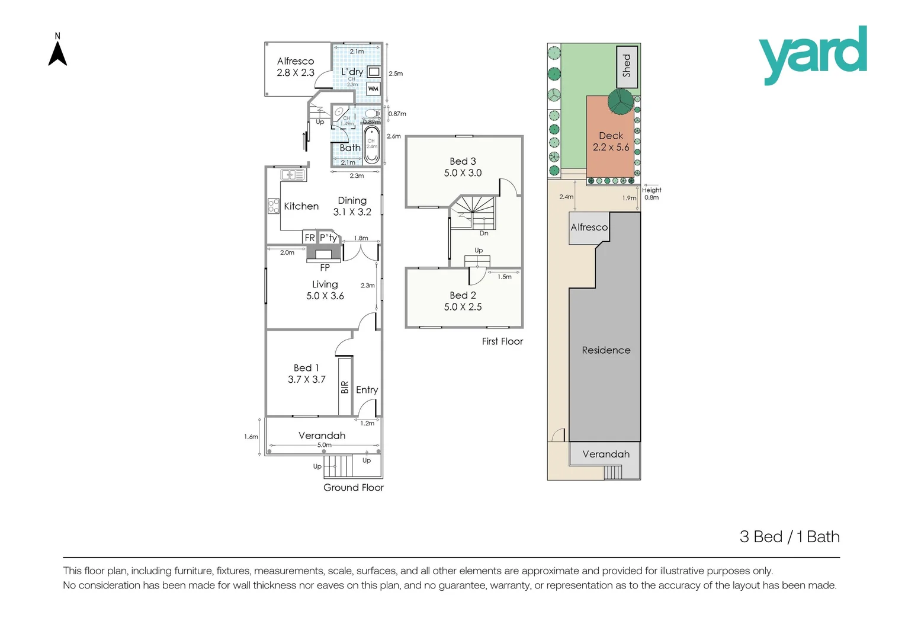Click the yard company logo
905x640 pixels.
(813, 55)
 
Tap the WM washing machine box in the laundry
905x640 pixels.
(373, 89)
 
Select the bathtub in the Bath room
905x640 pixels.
(371, 144)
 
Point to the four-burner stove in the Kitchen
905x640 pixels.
(274, 206)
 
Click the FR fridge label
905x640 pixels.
(310, 238)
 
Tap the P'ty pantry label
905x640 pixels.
(328, 238)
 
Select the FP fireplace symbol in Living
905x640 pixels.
(324, 254)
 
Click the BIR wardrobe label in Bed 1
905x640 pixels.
(345, 387)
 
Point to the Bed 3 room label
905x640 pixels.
(463, 161)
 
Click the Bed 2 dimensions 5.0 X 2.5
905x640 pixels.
(463, 307)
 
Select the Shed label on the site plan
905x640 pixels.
(627, 66)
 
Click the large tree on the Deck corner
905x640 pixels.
(620, 101)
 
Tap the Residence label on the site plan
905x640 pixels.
(606, 350)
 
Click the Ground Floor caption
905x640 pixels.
(353, 488)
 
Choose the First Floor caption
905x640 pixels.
(502, 341)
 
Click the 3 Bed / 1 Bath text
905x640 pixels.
(790, 537)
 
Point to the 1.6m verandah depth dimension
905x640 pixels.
(251, 437)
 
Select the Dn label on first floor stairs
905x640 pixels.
(484, 233)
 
